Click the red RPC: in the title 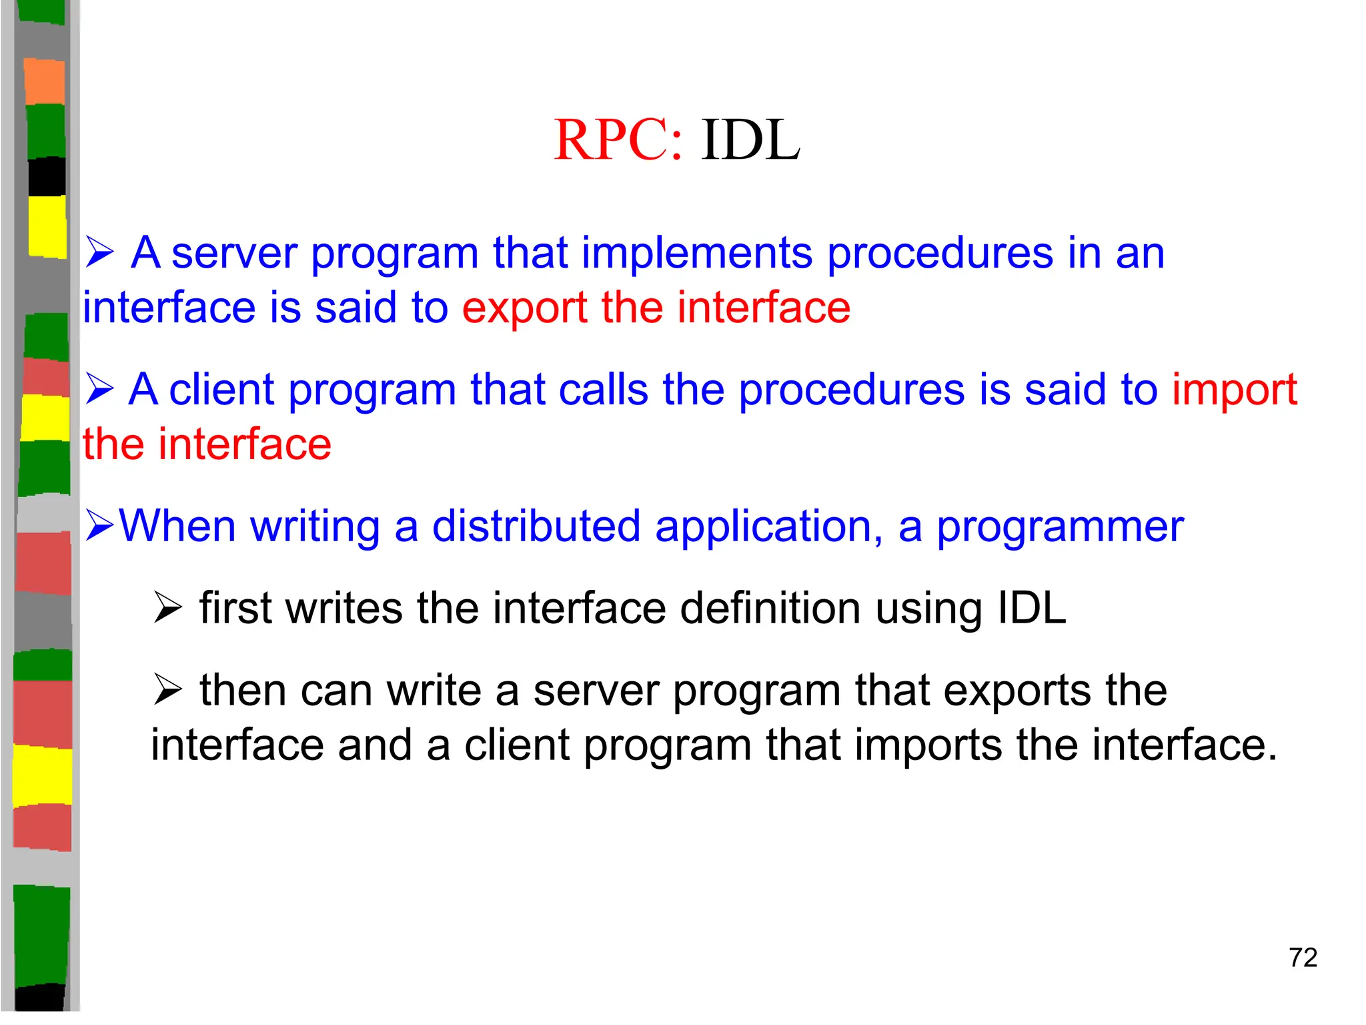tap(618, 140)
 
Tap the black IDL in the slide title tap(750, 140)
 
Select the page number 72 tap(1303, 958)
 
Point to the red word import tap(1234, 390)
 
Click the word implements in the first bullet tap(696, 254)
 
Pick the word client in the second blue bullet tap(221, 390)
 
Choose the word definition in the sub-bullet tap(770, 609)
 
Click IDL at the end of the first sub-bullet tap(1031, 609)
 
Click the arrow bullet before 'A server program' tap(99, 254)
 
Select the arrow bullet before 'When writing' tap(99, 527)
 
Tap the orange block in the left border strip tap(45, 81)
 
